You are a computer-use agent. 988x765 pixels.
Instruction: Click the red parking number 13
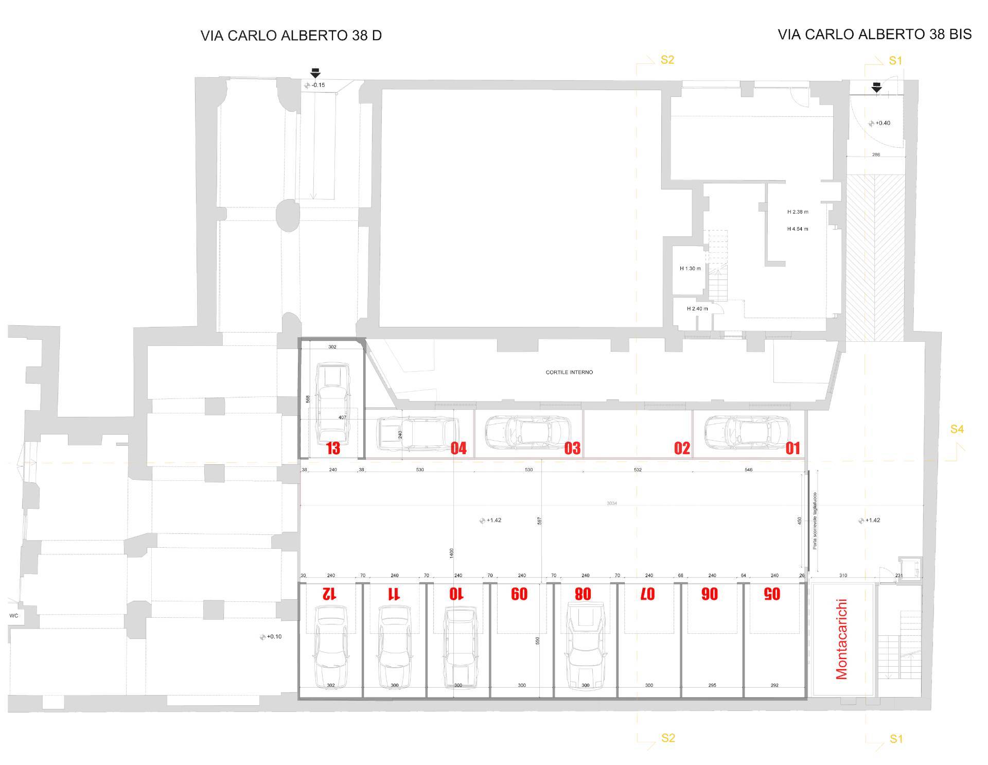click(x=333, y=448)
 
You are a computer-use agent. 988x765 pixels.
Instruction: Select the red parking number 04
click(x=458, y=448)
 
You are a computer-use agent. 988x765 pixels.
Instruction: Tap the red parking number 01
click(x=793, y=448)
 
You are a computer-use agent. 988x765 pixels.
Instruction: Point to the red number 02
click(x=682, y=448)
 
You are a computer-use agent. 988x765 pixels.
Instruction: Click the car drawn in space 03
click(x=528, y=432)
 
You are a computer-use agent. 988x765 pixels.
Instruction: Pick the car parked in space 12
click(x=330, y=647)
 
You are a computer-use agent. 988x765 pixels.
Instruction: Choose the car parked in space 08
click(x=585, y=647)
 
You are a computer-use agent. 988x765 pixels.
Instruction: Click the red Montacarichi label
click(x=842, y=639)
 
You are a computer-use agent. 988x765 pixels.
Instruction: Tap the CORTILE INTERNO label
click(x=569, y=372)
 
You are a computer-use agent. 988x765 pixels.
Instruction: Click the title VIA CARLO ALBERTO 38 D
click(x=291, y=36)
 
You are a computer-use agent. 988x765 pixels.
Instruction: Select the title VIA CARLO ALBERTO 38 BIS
click(x=874, y=34)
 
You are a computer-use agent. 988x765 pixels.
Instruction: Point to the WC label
click(x=14, y=616)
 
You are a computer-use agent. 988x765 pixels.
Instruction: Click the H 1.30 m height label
click(x=690, y=268)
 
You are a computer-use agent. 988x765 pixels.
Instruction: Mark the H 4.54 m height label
click(x=798, y=229)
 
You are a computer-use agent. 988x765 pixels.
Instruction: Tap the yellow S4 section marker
click(x=957, y=429)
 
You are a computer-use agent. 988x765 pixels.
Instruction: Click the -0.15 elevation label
click(x=318, y=85)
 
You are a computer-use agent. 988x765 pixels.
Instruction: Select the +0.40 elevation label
click(x=883, y=123)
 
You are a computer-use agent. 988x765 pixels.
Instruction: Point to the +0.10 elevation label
click(x=274, y=637)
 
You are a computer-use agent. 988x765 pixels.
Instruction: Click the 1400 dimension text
click(x=452, y=553)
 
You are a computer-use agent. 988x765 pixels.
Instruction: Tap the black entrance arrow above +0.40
click(x=876, y=89)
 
